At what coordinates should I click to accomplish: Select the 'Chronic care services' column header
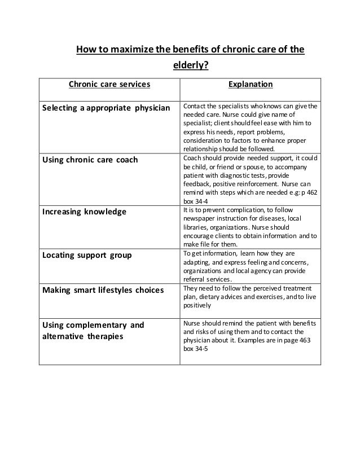[x=109, y=85]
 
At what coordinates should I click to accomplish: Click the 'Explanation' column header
[x=250, y=85]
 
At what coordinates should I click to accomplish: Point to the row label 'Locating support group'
[x=87, y=254]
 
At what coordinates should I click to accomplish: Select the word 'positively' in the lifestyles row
[x=197, y=306]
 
